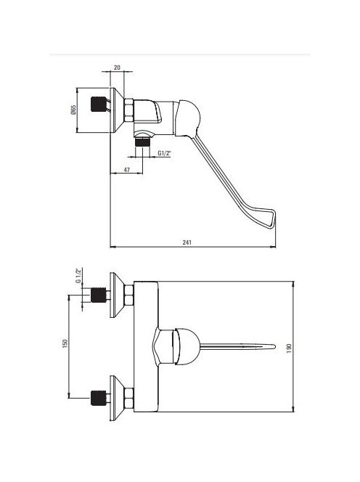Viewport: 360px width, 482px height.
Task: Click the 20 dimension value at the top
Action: point(117,68)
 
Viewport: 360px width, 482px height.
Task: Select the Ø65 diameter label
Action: point(73,110)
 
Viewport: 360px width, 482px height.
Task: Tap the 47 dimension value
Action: point(127,169)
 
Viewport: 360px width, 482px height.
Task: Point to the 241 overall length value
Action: point(187,242)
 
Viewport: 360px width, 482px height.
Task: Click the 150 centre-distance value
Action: point(65,343)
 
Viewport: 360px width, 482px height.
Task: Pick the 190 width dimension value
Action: point(289,348)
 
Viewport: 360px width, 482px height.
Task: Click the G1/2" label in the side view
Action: point(164,152)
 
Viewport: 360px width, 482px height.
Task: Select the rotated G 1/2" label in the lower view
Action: point(78,275)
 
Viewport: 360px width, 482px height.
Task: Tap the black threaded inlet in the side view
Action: point(99,105)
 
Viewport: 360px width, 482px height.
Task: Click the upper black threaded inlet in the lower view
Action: point(99,295)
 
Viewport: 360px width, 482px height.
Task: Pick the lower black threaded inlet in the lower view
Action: point(99,398)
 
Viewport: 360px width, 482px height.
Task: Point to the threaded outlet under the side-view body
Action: point(142,142)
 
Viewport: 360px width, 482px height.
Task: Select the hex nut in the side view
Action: point(128,110)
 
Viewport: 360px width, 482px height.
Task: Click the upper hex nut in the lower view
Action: point(128,295)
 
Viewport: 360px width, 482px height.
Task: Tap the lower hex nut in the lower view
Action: point(128,398)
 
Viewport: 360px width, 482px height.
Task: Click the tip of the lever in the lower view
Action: point(274,347)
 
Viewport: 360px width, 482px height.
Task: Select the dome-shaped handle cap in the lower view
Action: point(187,347)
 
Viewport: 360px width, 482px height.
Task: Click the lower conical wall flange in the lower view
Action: point(117,398)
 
